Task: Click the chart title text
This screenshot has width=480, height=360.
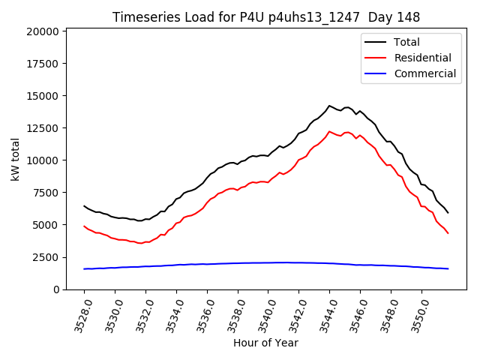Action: point(266,17)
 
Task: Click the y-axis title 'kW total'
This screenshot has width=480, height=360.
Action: point(15,159)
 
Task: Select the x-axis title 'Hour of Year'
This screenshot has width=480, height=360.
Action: point(265,343)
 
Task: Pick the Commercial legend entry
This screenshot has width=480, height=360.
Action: point(424,73)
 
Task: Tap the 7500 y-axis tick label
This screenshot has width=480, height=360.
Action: point(46,193)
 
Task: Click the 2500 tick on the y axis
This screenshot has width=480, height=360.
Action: point(46,257)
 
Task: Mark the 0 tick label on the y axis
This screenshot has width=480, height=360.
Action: point(57,289)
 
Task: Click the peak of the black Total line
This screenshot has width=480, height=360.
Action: point(329,106)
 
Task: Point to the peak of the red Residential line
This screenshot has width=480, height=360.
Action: point(329,131)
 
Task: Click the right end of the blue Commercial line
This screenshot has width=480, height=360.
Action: point(448,268)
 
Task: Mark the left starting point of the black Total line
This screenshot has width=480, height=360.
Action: point(84,205)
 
